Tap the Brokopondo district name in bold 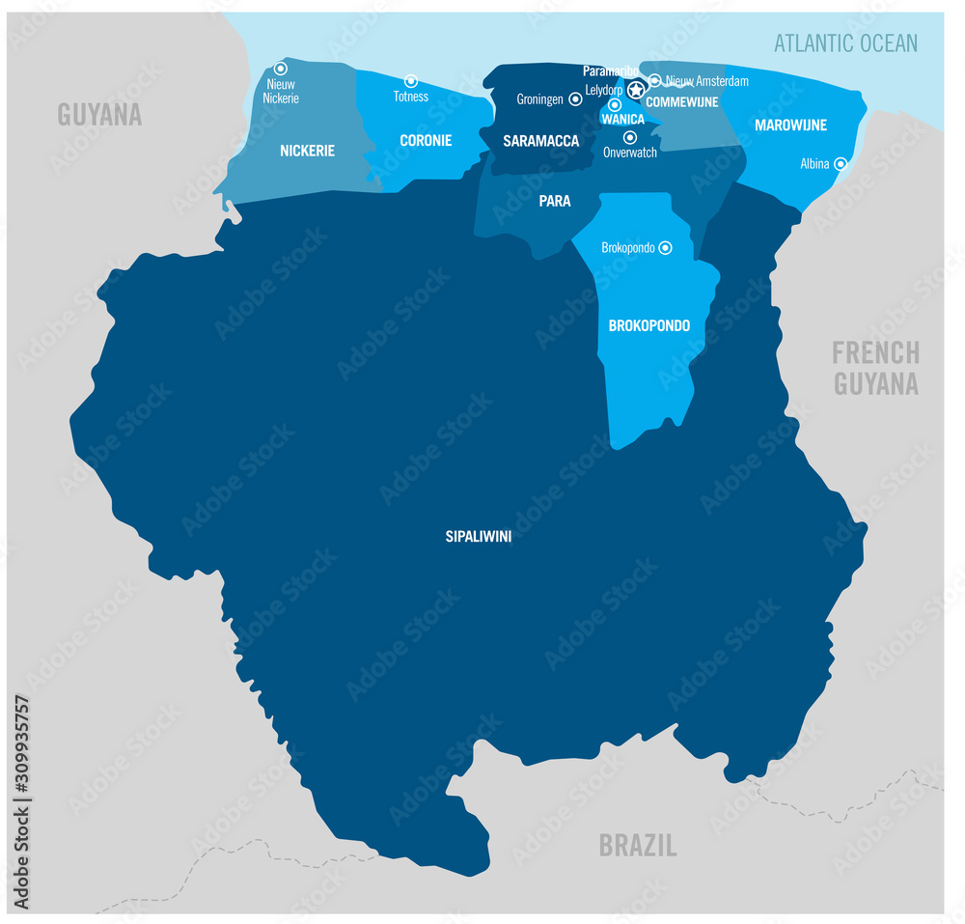tap(649, 325)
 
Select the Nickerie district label tap(307, 151)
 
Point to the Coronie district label tap(426, 140)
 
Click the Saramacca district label tap(541, 141)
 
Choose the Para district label tap(555, 201)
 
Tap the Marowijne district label tap(791, 126)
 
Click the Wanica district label tap(622, 120)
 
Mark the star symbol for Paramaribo tap(636, 90)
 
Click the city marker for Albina tap(841, 164)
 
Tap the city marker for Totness tap(411, 81)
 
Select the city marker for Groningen tap(575, 98)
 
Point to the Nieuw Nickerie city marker tap(281, 69)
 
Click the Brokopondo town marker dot tap(665, 248)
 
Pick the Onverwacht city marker tap(630, 137)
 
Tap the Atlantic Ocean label tap(846, 42)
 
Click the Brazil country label tap(638, 846)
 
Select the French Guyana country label tap(876, 368)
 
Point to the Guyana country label tap(99, 115)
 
